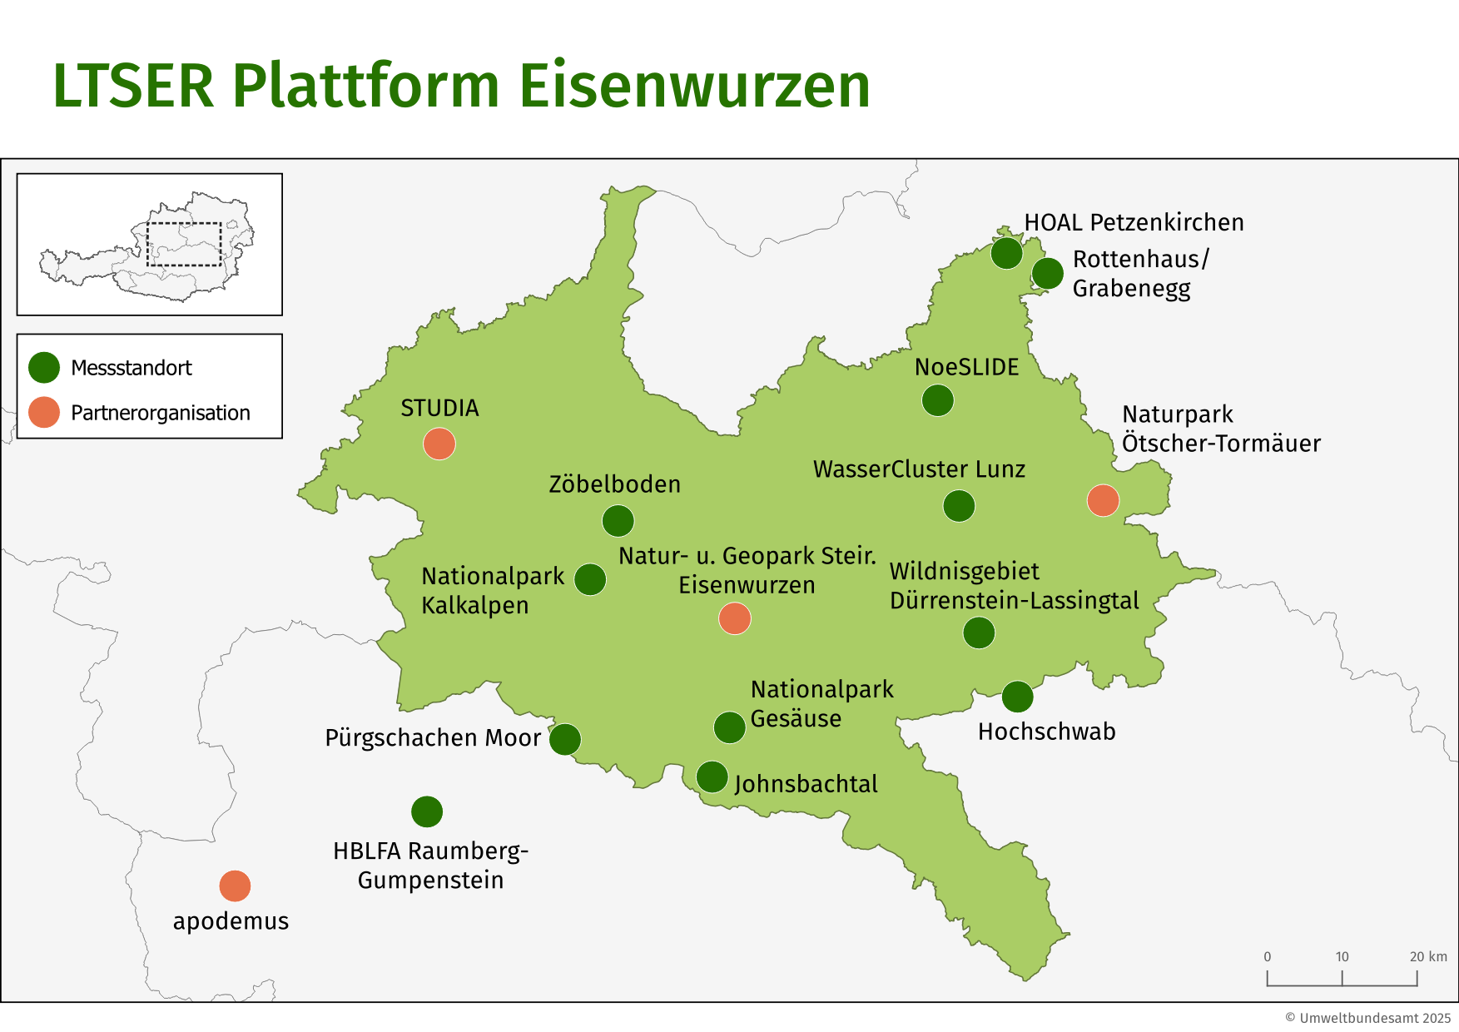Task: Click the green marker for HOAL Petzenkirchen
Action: pyautogui.click(x=1006, y=253)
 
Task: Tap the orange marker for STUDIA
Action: pyautogui.click(x=439, y=444)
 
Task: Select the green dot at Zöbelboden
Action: pyautogui.click(x=618, y=521)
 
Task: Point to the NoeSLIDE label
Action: pyautogui.click(x=966, y=367)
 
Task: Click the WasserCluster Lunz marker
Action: pyautogui.click(x=959, y=505)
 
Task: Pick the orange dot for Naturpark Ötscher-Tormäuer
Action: pyautogui.click(x=1103, y=500)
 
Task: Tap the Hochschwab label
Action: pyautogui.click(x=1046, y=732)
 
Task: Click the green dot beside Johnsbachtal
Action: pyautogui.click(x=712, y=776)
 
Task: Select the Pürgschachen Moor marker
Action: pyautogui.click(x=564, y=739)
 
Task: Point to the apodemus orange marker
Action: pyautogui.click(x=235, y=886)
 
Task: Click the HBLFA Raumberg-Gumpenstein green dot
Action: pyautogui.click(x=427, y=811)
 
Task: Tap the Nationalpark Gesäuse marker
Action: pyautogui.click(x=729, y=727)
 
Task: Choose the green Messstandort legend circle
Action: pyautogui.click(x=44, y=367)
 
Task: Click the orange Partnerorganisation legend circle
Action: pyautogui.click(x=44, y=412)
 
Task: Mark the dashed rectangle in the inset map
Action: pyautogui.click(x=184, y=244)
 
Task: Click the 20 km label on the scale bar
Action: pyautogui.click(x=1428, y=956)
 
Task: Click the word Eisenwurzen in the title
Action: pyautogui.click(x=695, y=86)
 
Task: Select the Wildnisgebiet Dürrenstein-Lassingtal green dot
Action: pyautogui.click(x=979, y=633)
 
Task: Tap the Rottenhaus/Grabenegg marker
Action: pyautogui.click(x=1047, y=273)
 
